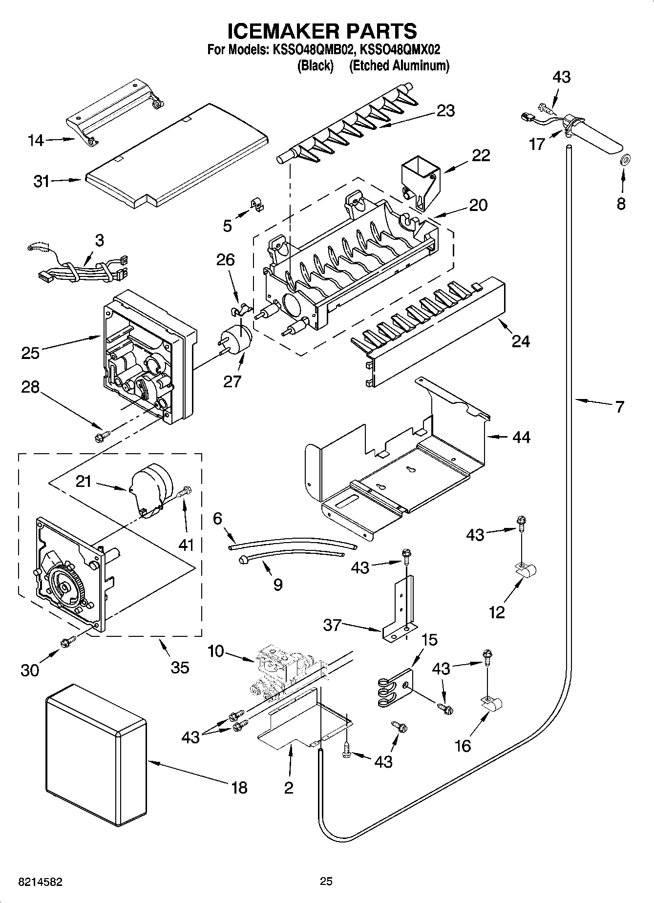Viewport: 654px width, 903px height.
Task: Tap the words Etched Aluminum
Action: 399,65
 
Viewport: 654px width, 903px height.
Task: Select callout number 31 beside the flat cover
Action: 42,181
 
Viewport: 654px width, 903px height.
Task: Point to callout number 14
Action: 36,141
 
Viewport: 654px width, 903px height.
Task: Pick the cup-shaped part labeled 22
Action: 420,184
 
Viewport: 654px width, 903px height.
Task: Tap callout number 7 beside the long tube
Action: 619,406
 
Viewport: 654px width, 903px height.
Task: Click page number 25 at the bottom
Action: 326,881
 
